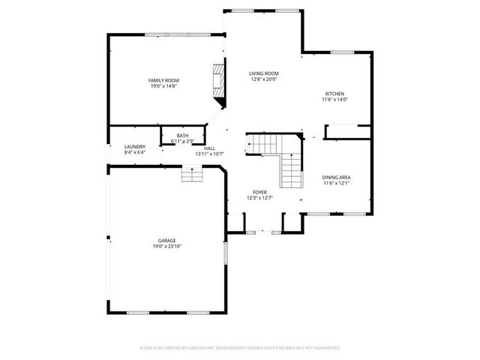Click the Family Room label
(x=163, y=80)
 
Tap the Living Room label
(x=264, y=73)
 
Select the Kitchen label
(x=334, y=94)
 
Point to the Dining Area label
(x=337, y=178)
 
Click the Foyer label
(x=259, y=192)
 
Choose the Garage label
(x=166, y=241)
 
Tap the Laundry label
(x=135, y=147)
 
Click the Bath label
(x=183, y=136)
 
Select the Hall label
(x=209, y=148)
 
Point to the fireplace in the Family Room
(x=217, y=82)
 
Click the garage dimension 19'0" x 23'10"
(x=167, y=247)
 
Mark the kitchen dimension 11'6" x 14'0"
(x=335, y=100)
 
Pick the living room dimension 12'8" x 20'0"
(x=264, y=79)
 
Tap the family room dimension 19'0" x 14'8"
(x=163, y=86)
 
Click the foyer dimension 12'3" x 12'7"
(x=259, y=198)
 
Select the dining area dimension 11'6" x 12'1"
(x=337, y=184)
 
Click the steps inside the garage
(x=192, y=175)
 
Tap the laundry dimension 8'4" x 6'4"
(x=135, y=153)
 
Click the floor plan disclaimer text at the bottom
(x=240, y=348)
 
